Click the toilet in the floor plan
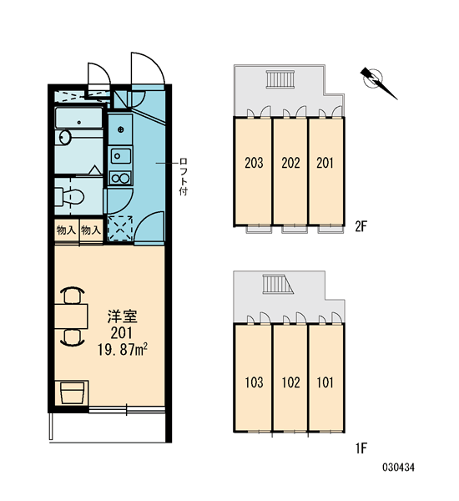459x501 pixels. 69,196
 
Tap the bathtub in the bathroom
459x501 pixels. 79,119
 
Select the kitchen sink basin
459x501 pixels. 121,156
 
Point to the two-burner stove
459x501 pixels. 120,178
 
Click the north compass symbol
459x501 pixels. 378,82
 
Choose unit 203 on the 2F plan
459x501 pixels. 254,163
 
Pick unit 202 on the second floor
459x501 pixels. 290,163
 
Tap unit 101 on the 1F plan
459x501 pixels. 325,382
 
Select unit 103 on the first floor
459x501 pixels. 254,382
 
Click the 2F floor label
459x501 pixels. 361,226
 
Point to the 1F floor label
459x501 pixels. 361,448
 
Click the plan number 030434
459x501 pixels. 398,468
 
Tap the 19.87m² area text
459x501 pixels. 123,350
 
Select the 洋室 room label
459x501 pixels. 123,316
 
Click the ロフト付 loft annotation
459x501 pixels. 184,176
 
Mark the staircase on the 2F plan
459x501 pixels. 280,79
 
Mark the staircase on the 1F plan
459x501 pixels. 277,284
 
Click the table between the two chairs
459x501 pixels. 71,316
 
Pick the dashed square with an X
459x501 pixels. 120,228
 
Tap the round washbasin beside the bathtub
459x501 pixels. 65,138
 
